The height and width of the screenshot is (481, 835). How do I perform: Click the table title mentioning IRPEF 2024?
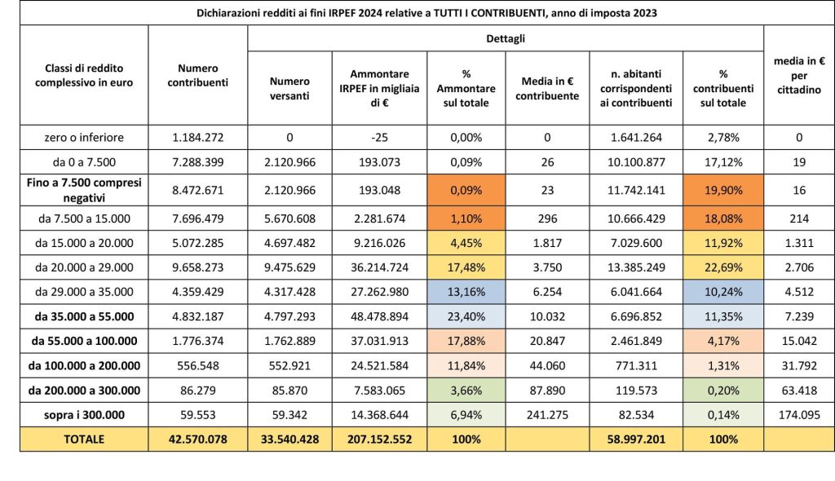[x=417, y=13]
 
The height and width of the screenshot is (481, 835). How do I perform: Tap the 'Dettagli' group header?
[x=505, y=38]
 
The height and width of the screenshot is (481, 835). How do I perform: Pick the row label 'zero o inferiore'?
[x=84, y=137]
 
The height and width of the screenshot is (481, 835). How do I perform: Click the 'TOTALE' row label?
[x=84, y=439]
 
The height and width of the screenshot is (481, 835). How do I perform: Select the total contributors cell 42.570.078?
[x=197, y=439]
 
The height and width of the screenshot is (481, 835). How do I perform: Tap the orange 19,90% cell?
[x=724, y=190]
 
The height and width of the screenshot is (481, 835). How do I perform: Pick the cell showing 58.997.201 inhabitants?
[x=637, y=439]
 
